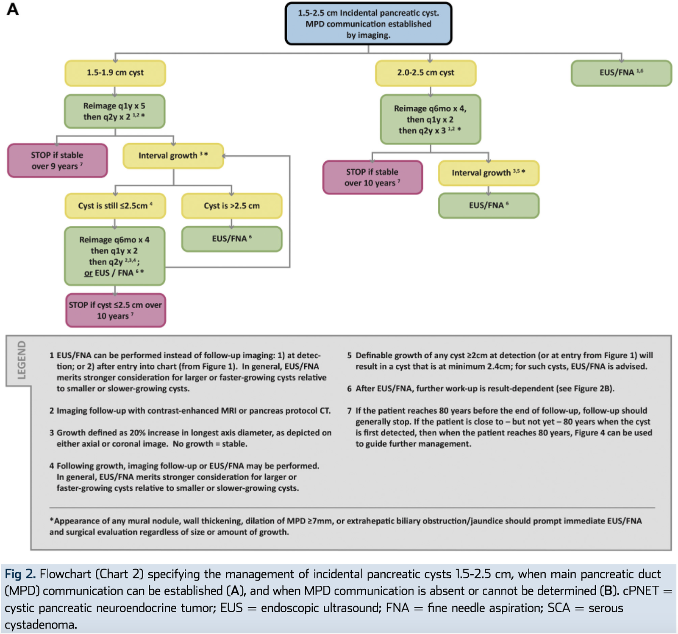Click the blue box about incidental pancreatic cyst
[x=368, y=24]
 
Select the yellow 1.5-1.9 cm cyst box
[x=115, y=73]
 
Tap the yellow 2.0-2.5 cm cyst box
[x=426, y=73]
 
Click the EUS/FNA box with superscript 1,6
[x=621, y=73]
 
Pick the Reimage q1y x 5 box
[x=115, y=111]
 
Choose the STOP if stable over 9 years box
[x=57, y=161]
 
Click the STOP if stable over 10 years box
[x=372, y=177]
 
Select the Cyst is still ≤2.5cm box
[x=115, y=206]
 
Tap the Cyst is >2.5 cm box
[x=232, y=206]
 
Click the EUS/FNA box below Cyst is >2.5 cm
[x=232, y=239]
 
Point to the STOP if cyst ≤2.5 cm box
[x=115, y=310]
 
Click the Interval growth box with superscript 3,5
[x=489, y=173]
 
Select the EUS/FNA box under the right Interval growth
[x=489, y=206]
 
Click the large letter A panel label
[x=13, y=9]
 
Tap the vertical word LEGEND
[x=21, y=360]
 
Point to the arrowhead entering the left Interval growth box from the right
[x=224, y=156]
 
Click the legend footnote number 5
[x=349, y=355]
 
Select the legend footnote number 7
[x=349, y=410]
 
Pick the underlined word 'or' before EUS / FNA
[x=88, y=273]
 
